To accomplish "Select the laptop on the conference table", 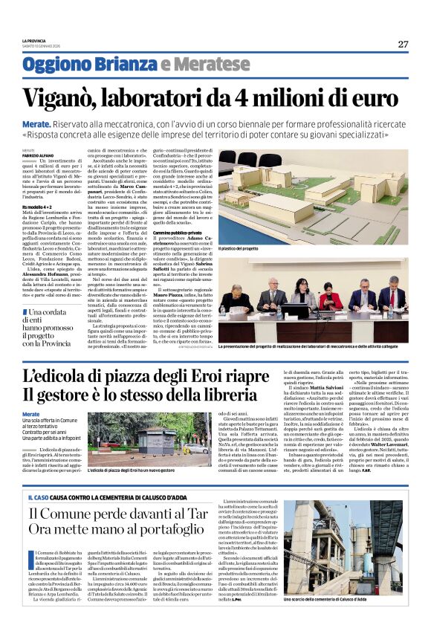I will point(298,310).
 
